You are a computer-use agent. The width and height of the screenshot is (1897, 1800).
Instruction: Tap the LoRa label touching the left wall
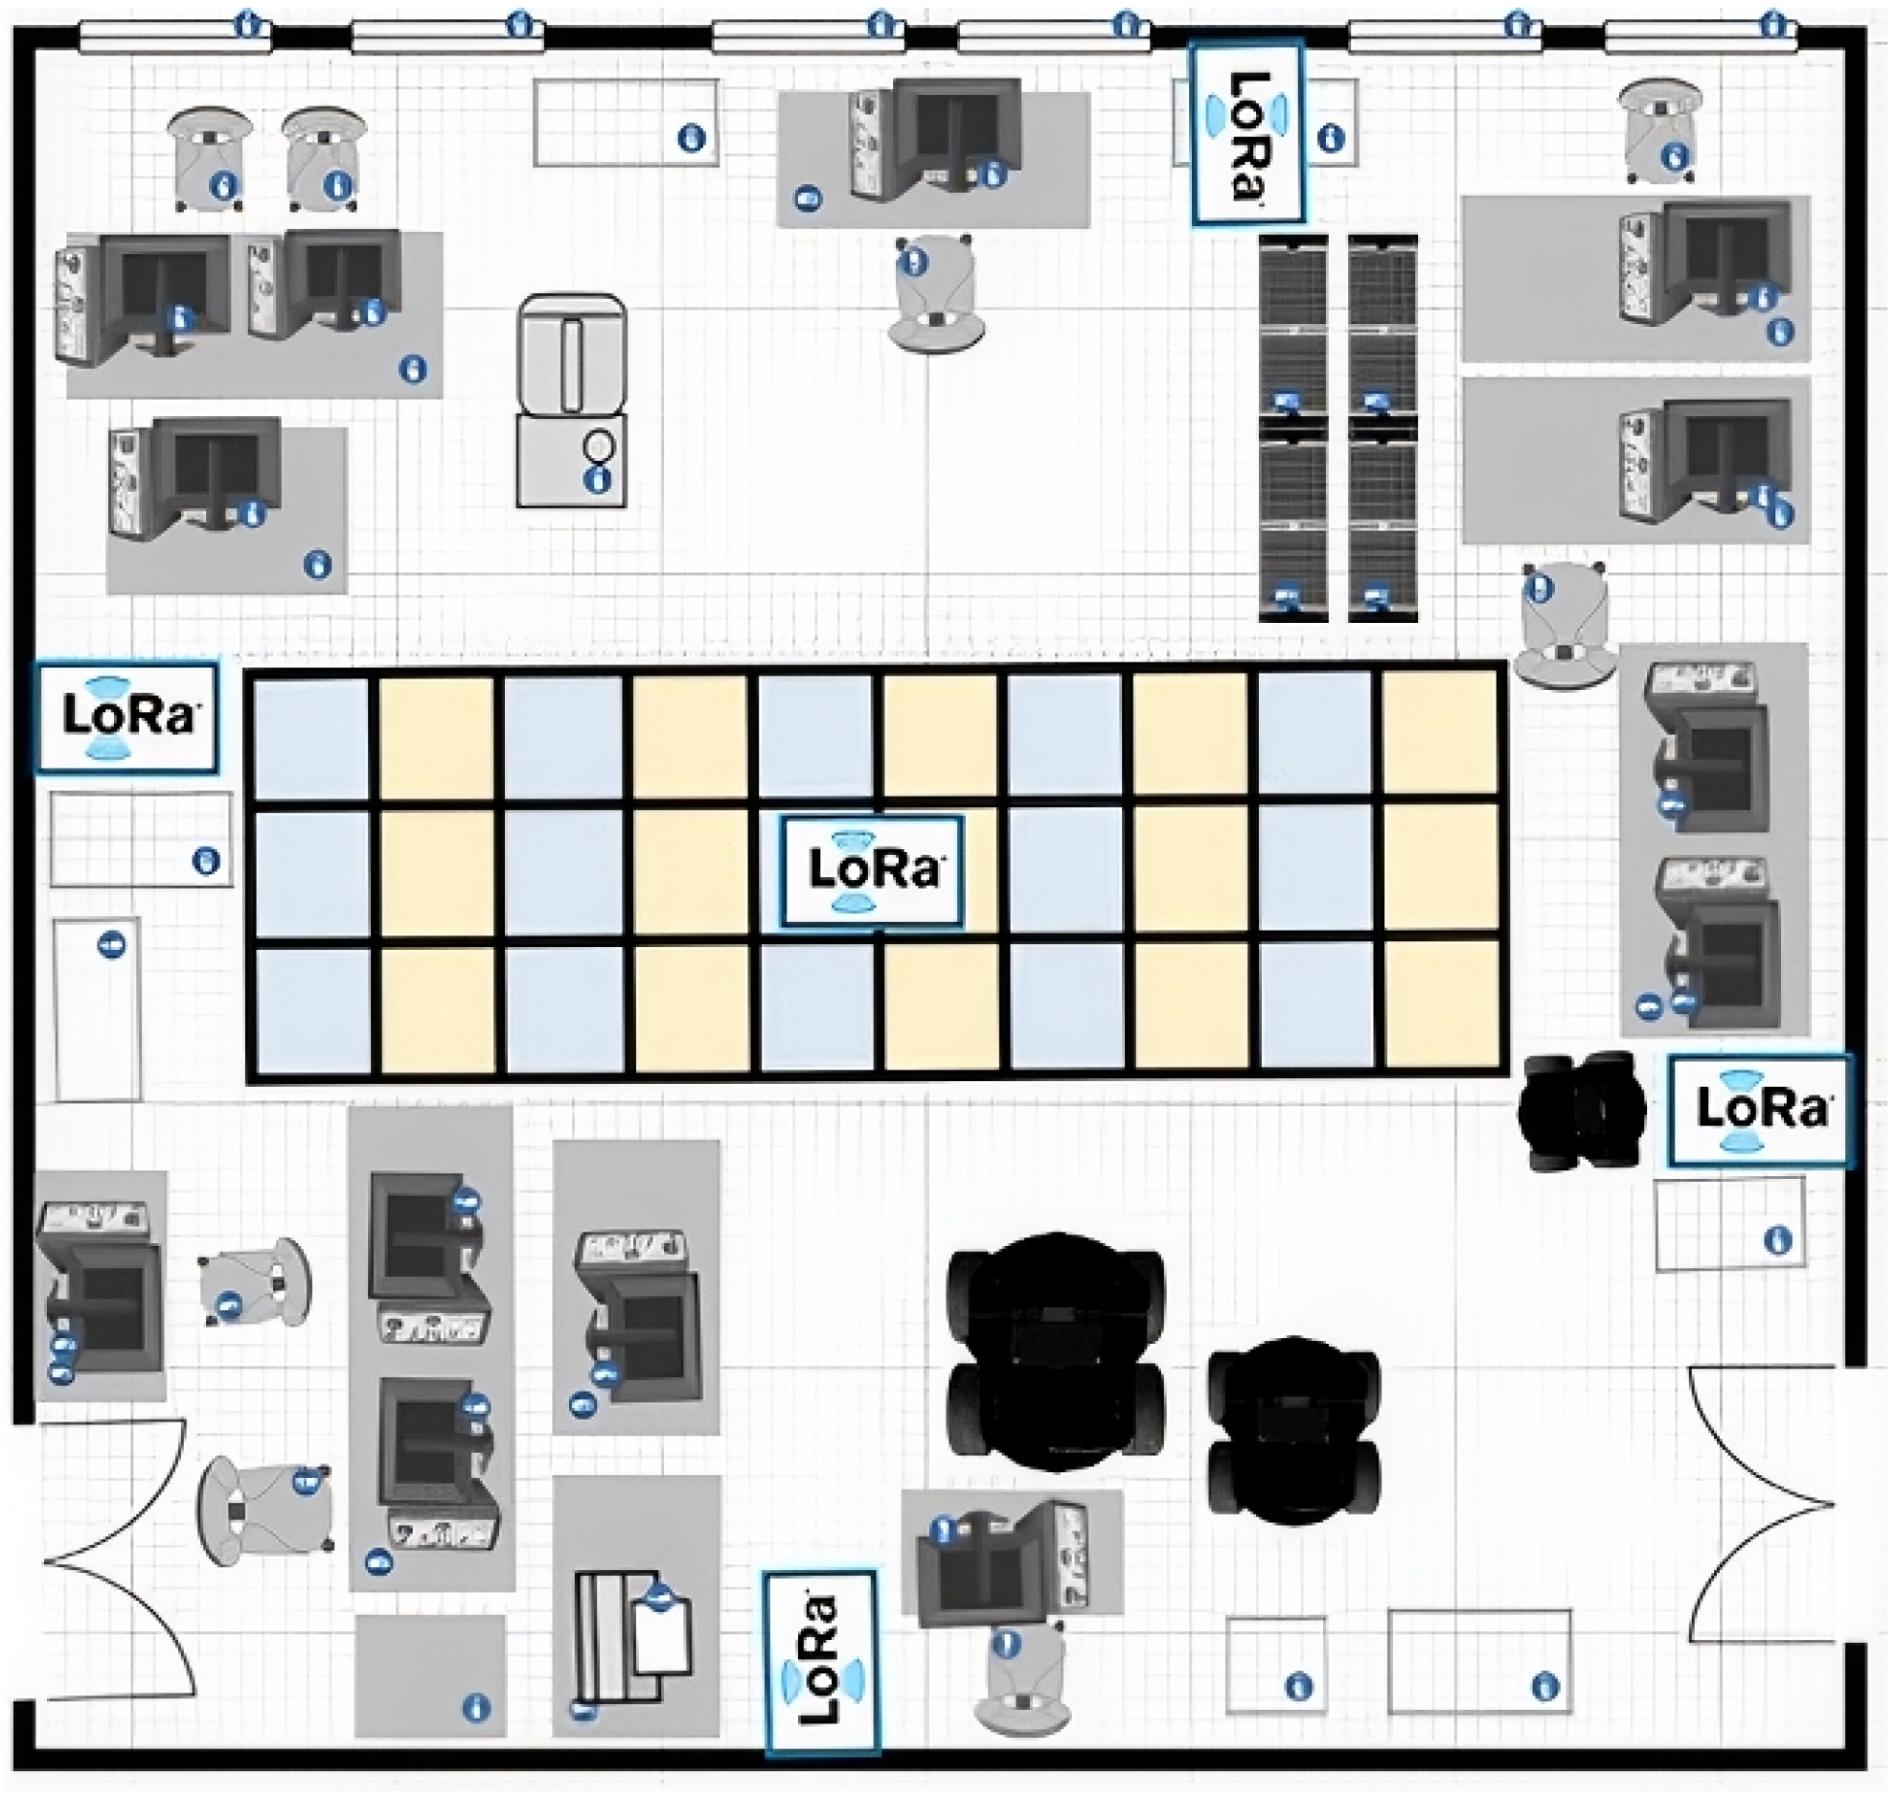tap(126, 716)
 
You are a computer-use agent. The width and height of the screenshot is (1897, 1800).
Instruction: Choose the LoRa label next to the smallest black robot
tap(1760, 1110)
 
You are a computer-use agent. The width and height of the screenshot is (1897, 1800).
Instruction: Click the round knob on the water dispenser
tap(600, 446)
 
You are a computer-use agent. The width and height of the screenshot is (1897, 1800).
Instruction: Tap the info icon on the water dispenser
tap(599, 480)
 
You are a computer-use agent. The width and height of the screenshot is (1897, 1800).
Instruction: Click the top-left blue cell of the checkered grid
tap(311, 736)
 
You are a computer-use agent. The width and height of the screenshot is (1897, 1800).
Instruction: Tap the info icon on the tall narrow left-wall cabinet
tap(113, 945)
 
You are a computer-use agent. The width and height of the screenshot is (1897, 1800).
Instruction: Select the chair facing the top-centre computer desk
tap(935, 292)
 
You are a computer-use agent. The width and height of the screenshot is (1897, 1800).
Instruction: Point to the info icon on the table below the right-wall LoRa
tap(1777, 1239)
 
